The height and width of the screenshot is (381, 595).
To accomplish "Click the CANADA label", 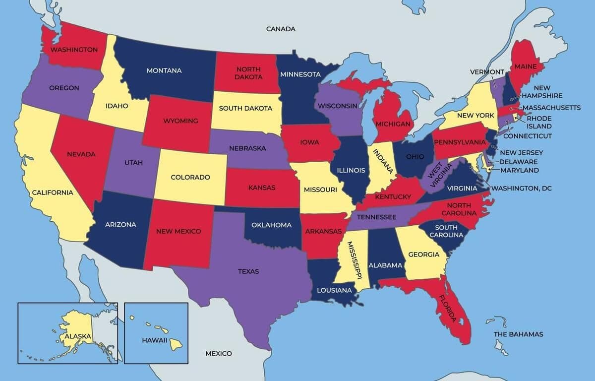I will click(x=281, y=29).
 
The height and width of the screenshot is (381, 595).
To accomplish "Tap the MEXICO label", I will click(x=219, y=353).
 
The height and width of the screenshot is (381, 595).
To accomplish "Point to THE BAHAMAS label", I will click(x=518, y=334).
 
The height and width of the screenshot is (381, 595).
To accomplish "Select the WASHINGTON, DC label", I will click(x=521, y=189).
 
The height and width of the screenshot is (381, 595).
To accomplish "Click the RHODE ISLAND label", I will click(x=539, y=122).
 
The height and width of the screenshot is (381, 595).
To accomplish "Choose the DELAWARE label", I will click(x=518, y=162).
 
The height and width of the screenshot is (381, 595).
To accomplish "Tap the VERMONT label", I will click(x=487, y=72).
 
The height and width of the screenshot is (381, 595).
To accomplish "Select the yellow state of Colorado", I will click(x=190, y=177).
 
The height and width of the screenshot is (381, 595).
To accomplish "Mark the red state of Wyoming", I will click(x=180, y=121).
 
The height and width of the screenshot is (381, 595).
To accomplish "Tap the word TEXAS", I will click(x=248, y=271).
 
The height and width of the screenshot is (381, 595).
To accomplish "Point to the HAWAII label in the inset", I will click(x=154, y=340).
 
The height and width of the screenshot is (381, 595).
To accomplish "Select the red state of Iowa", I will click(x=309, y=142).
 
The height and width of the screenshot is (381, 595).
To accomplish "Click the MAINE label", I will click(x=526, y=66).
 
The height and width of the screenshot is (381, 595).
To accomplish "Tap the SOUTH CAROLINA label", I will click(x=443, y=231).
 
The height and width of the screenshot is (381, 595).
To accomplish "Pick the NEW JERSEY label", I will click(x=521, y=153).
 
